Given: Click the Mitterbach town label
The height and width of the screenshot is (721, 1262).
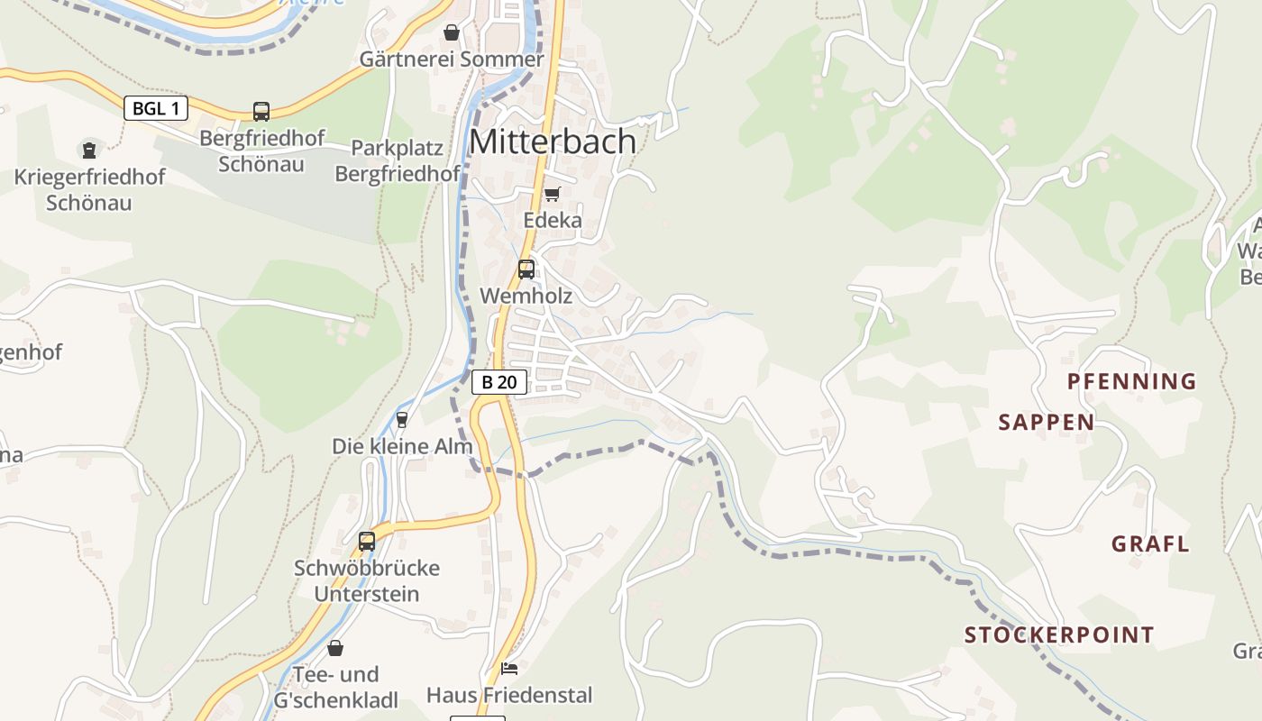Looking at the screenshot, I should (x=553, y=141).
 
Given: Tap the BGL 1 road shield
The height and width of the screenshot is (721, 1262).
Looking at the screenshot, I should (x=155, y=109).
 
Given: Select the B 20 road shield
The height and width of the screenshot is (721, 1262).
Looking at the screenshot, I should (x=498, y=382).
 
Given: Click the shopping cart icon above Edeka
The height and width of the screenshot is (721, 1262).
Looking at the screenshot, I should (x=553, y=194).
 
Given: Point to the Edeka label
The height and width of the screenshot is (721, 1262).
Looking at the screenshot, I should (x=553, y=221).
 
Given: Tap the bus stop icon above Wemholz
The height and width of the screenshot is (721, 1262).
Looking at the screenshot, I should (x=526, y=269).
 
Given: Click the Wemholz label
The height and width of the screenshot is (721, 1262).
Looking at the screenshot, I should (x=526, y=296).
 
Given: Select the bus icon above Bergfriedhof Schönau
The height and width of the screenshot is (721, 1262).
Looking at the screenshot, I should (x=261, y=112).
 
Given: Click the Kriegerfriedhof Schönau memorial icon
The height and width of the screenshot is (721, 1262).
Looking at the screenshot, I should (x=89, y=150).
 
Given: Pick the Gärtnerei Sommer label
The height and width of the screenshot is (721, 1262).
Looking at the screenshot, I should (x=452, y=59).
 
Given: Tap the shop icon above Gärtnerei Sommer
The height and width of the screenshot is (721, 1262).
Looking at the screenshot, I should (x=452, y=32).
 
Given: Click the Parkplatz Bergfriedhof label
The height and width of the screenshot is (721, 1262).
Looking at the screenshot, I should (x=398, y=160).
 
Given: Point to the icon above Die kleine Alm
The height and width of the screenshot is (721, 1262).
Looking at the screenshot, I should (x=402, y=419).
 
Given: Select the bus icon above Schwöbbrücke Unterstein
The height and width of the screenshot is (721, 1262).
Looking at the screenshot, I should (x=367, y=541).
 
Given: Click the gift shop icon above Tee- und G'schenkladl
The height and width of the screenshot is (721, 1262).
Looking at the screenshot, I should (x=335, y=648).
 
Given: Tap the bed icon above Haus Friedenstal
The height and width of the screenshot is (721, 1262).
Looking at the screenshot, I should (x=509, y=668).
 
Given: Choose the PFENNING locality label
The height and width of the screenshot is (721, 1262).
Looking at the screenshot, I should (x=1131, y=381).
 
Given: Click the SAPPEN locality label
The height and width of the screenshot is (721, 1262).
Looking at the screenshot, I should (x=1046, y=422).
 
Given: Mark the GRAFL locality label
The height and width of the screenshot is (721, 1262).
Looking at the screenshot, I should (x=1149, y=544).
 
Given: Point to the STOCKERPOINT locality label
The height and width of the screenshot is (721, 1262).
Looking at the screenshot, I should (x=1059, y=635).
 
